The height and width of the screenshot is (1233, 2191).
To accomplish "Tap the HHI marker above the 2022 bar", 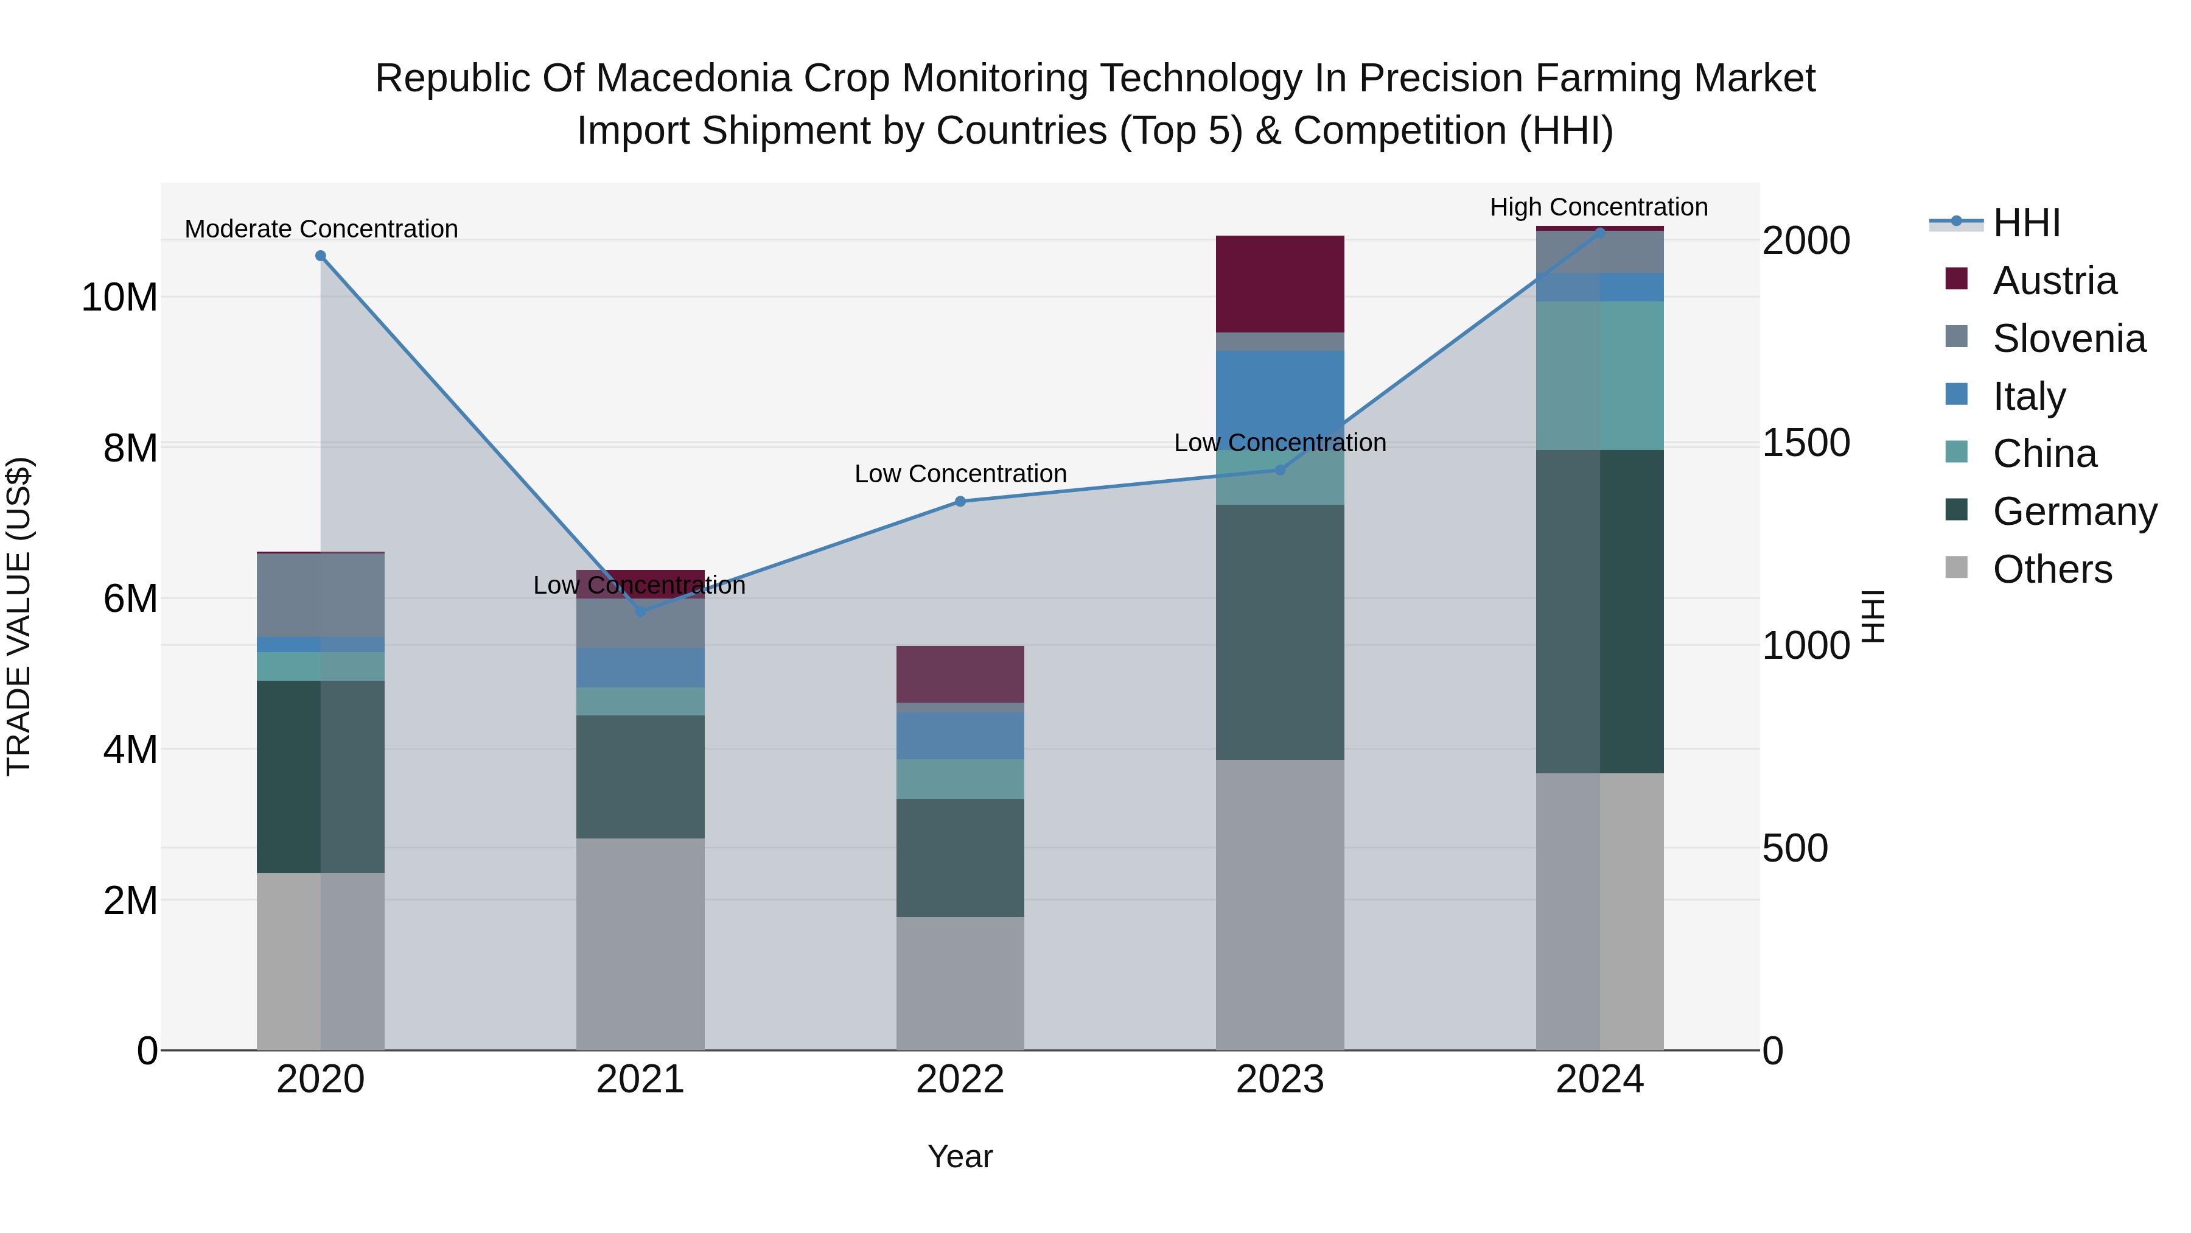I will coord(960,501).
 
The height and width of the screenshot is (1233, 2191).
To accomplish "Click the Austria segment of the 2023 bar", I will coord(1280,284).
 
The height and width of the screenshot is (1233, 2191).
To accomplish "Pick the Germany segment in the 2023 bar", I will coord(1280,631).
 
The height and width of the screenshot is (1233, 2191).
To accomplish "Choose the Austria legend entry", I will coord(2053,281).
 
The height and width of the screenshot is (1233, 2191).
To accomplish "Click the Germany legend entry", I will coord(2074,511).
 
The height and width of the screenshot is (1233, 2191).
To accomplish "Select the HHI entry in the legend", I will coord(2026,223).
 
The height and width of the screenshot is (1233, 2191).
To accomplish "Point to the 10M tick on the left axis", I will coord(119,298).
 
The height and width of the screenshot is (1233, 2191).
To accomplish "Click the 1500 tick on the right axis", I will coord(1806,443).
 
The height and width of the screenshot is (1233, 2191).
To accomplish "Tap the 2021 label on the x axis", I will coord(640,1080).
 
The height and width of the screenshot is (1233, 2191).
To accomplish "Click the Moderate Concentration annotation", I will coord(321,229).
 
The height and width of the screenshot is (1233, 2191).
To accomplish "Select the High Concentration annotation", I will coord(1598,207).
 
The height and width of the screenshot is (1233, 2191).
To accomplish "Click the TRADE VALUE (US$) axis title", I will coord(19,616).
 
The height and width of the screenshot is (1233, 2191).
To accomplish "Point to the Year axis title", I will coord(960,1156).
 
